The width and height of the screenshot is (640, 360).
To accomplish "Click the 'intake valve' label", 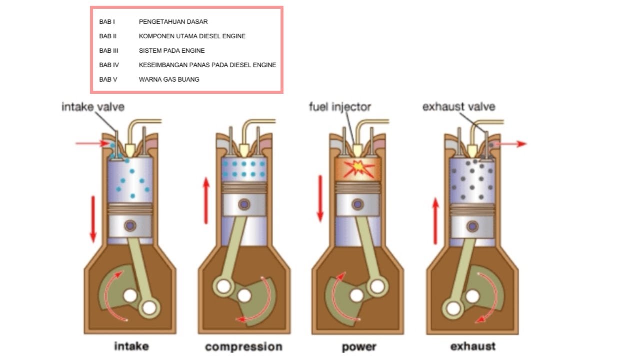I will point(93,107).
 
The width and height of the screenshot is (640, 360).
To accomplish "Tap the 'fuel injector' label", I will point(340,107).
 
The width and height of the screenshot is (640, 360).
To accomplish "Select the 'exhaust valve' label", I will point(459,107).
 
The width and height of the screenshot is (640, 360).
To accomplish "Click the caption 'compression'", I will point(244,347).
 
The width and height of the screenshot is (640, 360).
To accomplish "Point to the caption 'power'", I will point(359,347).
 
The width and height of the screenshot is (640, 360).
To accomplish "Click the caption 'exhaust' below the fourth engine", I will point(473,347).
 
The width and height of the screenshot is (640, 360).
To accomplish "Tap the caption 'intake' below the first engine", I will point(131,346).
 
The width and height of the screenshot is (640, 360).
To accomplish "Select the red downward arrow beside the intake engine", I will point(93,219).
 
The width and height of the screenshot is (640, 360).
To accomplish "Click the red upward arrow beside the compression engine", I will point(206,200).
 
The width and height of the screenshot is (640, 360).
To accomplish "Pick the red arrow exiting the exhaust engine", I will point(512,144).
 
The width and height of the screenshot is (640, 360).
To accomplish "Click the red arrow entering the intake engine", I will point(92,144).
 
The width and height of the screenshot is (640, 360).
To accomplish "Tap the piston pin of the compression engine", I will point(244,204).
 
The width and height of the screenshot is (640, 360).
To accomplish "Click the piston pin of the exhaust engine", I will point(472,226).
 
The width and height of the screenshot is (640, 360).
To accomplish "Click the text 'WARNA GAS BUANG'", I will point(169,79).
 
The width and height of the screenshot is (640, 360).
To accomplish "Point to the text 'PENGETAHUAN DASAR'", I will point(173,22).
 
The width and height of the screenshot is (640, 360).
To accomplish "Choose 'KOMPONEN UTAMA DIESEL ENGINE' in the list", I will point(192,36).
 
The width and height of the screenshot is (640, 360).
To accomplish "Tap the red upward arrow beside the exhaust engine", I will point(435,221).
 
